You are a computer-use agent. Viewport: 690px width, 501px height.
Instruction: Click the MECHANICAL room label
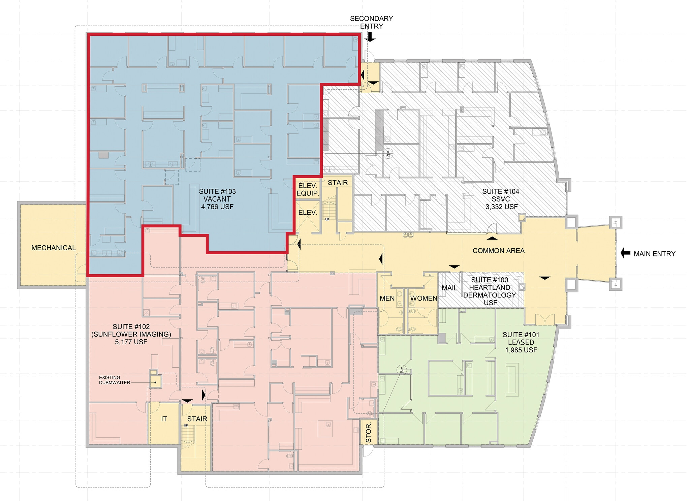[x=53, y=248]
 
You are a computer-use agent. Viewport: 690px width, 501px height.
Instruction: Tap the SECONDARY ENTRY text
[x=371, y=22]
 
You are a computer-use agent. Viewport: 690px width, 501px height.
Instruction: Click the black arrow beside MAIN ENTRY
[x=625, y=253]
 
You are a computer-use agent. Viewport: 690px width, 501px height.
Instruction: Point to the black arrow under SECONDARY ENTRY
[x=370, y=37]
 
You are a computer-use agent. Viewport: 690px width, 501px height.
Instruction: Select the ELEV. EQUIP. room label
[x=308, y=189]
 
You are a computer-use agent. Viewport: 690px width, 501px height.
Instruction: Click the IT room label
[x=164, y=419]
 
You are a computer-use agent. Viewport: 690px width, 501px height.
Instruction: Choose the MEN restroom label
[x=387, y=299]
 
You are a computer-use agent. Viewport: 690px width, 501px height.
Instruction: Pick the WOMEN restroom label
[x=424, y=299]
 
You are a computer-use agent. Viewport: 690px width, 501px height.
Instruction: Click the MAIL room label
[x=449, y=288]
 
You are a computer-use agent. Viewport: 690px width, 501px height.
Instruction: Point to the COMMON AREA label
[x=498, y=251]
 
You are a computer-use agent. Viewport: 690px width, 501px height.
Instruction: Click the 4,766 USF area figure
[x=217, y=207]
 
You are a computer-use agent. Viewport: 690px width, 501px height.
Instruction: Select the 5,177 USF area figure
[x=131, y=342]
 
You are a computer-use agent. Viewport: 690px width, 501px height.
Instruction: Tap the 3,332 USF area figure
[x=501, y=207]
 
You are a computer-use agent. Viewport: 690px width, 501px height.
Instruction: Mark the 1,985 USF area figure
[x=521, y=350]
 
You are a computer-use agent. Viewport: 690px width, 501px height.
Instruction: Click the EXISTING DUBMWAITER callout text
[x=114, y=380]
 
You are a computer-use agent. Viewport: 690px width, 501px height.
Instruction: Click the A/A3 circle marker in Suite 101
[x=402, y=370]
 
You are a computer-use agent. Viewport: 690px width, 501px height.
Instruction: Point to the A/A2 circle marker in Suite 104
[x=388, y=154]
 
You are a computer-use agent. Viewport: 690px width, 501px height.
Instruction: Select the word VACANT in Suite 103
[x=217, y=199]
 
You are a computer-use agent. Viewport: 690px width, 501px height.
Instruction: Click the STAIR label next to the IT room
[x=197, y=419]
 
